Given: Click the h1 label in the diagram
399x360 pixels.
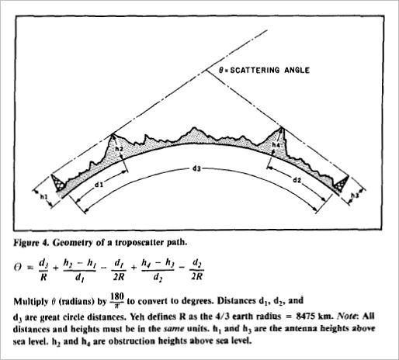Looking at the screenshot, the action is pyautogui.click(x=43, y=197).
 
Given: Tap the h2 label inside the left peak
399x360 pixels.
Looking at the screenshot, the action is pyautogui.click(x=119, y=149).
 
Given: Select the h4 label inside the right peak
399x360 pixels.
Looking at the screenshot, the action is pyautogui.click(x=276, y=145).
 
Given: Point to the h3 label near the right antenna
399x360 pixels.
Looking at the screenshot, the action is pyautogui.click(x=355, y=196).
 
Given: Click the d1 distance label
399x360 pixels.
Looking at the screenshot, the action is pyautogui.click(x=99, y=185).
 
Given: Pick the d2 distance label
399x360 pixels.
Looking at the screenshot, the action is pyautogui.click(x=297, y=180).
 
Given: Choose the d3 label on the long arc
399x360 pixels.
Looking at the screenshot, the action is pyautogui.click(x=196, y=169).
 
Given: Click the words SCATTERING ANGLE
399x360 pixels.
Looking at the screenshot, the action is pyautogui.click(x=269, y=71).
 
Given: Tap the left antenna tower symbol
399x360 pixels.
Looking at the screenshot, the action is pyautogui.click(x=58, y=183).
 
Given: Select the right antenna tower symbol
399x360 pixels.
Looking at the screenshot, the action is pyautogui.click(x=342, y=183).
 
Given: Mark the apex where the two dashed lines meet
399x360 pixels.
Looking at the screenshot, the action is pyautogui.click(x=206, y=71).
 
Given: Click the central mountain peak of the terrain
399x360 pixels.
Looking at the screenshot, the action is pyautogui.click(x=193, y=127).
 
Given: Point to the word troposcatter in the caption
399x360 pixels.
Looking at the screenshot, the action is pyautogui.click(x=141, y=243).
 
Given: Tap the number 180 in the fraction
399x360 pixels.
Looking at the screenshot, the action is pyautogui.click(x=117, y=296).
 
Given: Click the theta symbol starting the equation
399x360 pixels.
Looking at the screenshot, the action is pyautogui.click(x=18, y=267).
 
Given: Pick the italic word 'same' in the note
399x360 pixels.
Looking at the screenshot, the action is pyautogui.click(x=174, y=329).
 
